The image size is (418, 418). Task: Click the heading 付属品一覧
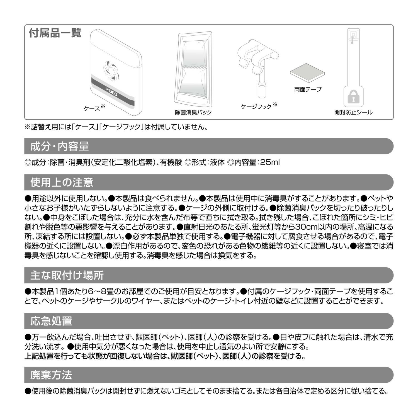55,33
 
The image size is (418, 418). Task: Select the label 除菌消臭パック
193,113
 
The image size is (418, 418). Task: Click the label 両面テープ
308,90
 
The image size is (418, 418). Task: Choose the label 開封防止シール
353,113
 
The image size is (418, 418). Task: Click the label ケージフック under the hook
256,107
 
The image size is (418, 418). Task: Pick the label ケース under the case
92,109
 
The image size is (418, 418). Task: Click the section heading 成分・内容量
59,146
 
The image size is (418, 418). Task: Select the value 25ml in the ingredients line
269,162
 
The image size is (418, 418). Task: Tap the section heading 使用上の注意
62,183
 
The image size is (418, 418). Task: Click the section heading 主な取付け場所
67,275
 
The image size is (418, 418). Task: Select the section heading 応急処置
51,321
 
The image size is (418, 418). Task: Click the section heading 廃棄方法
51,375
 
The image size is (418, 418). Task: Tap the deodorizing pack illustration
194,70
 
